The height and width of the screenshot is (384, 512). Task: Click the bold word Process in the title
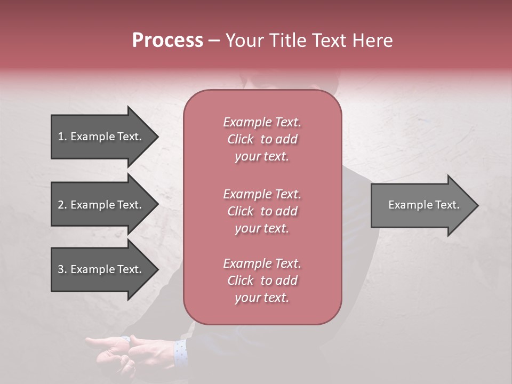click(167, 41)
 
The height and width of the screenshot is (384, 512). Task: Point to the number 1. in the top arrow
click(62, 137)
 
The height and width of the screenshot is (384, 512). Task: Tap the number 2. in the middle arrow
click(62, 205)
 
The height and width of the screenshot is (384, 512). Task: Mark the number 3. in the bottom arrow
click(62, 269)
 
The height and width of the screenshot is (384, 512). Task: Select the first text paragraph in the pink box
click(262, 139)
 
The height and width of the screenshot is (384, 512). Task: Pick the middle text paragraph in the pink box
click(262, 211)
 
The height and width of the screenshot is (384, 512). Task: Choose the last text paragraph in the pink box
click(262, 281)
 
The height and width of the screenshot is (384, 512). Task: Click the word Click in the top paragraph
click(241, 139)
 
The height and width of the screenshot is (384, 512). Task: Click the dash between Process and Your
click(214, 41)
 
